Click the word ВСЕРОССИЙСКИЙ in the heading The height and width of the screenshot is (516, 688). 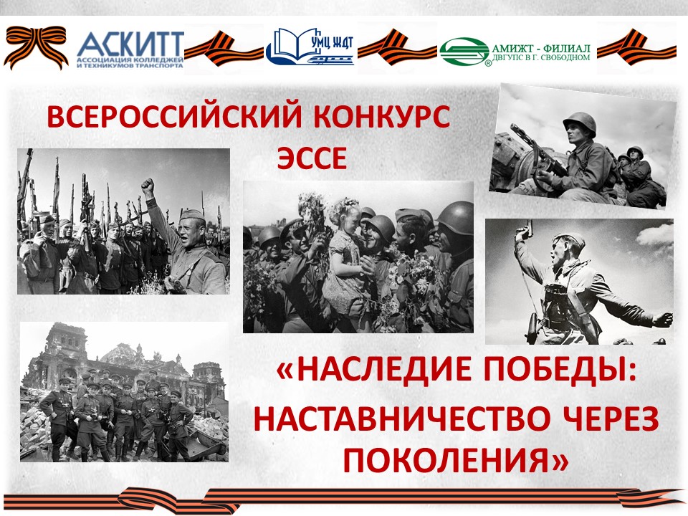pyautogui.click(x=175, y=117)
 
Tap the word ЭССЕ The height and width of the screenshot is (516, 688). pyautogui.click(x=312, y=158)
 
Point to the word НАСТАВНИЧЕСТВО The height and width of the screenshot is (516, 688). pyautogui.click(x=407, y=419)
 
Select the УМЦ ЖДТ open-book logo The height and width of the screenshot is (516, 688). pyautogui.click(x=310, y=46)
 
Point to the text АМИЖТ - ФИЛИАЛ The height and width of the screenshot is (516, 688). pyautogui.click(x=541, y=48)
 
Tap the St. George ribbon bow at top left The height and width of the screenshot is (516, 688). pyautogui.click(x=36, y=46)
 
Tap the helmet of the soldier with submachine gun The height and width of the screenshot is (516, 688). pyautogui.click(x=579, y=122)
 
